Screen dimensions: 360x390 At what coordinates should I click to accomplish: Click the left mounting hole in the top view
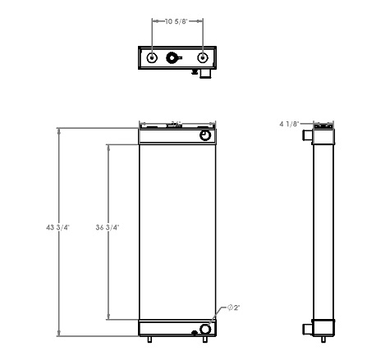(154, 58)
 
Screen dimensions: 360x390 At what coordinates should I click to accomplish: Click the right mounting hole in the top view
(203, 58)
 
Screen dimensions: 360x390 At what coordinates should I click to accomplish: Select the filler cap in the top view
(173, 58)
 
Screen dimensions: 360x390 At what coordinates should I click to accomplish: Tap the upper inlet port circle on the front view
(204, 134)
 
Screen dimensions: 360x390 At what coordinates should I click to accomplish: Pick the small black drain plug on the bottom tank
(194, 332)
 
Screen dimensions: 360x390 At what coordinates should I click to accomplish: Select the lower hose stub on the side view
(305, 329)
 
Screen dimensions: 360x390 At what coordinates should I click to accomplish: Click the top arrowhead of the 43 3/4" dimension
(59, 130)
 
